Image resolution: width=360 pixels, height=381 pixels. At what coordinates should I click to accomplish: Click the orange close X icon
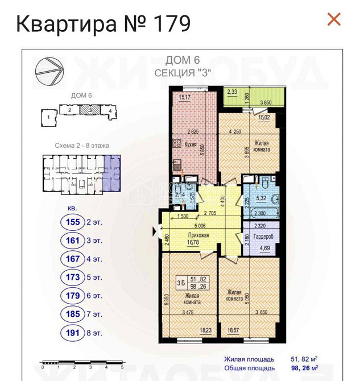pyautogui.click(x=334, y=19)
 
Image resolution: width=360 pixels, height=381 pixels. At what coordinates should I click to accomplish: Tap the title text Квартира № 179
pyautogui.click(x=103, y=23)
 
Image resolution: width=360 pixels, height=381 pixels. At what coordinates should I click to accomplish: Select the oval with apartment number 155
pyautogui.click(x=73, y=222)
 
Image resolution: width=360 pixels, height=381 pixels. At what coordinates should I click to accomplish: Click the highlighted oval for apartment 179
pyautogui.click(x=73, y=296)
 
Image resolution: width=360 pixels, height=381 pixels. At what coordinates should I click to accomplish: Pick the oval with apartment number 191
pyautogui.click(x=73, y=333)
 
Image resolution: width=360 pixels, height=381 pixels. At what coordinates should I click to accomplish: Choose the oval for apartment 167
pyautogui.click(x=73, y=259)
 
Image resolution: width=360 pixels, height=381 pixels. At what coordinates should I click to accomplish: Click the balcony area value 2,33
pyautogui.click(x=232, y=91)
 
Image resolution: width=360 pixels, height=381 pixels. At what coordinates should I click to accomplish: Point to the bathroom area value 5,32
pyautogui.click(x=262, y=198)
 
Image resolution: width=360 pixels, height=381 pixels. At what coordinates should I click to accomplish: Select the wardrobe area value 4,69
pyautogui.click(x=265, y=248)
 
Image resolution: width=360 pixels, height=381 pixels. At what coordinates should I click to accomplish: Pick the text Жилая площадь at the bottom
pyautogui.click(x=249, y=359)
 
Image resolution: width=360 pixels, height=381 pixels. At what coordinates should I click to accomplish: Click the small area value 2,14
pyautogui.click(x=180, y=194)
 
